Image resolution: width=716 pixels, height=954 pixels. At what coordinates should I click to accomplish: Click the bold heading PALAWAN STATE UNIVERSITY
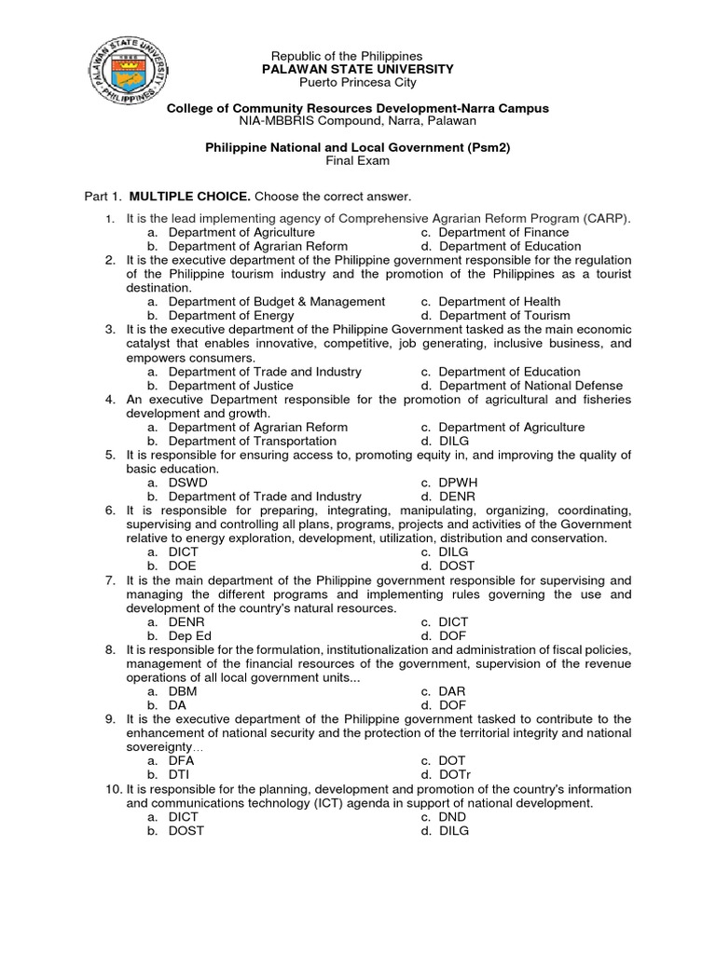[x=357, y=69]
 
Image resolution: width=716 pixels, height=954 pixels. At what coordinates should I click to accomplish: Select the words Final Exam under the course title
[x=357, y=160]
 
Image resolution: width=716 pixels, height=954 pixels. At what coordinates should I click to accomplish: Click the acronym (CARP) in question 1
[x=608, y=218]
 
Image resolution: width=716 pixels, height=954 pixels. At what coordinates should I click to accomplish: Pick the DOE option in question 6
[x=182, y=566]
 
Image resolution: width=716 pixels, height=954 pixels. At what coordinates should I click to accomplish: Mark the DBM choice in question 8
[x=183, y=691]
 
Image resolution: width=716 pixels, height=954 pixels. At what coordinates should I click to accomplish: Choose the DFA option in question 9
[x=181, y=760]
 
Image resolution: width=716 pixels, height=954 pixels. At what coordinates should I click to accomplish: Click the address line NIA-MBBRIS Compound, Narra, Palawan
[x=357, y=121]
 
